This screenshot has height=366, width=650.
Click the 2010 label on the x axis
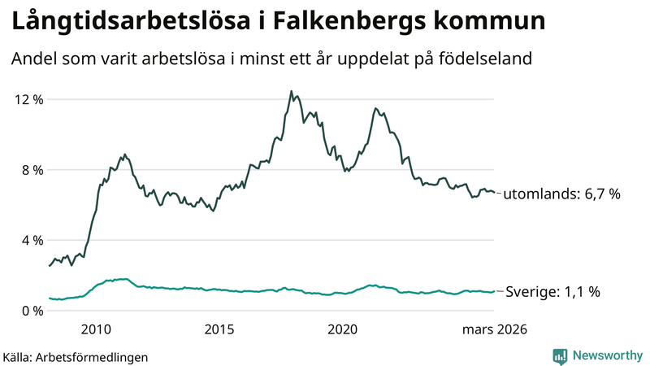pos(96,329)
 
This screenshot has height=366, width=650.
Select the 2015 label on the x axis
pos(219,329)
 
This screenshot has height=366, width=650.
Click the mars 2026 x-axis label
pos(494,329)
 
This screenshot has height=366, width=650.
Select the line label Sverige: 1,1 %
pos(552,292)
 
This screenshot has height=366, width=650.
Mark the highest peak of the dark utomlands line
pos(291,91)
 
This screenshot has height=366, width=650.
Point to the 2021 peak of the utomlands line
pos(375,108)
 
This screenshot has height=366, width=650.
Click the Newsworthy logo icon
pos(560,355)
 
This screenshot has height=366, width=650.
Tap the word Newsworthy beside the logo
pos(605,355)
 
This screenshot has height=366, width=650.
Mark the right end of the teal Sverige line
pos(494,292)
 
